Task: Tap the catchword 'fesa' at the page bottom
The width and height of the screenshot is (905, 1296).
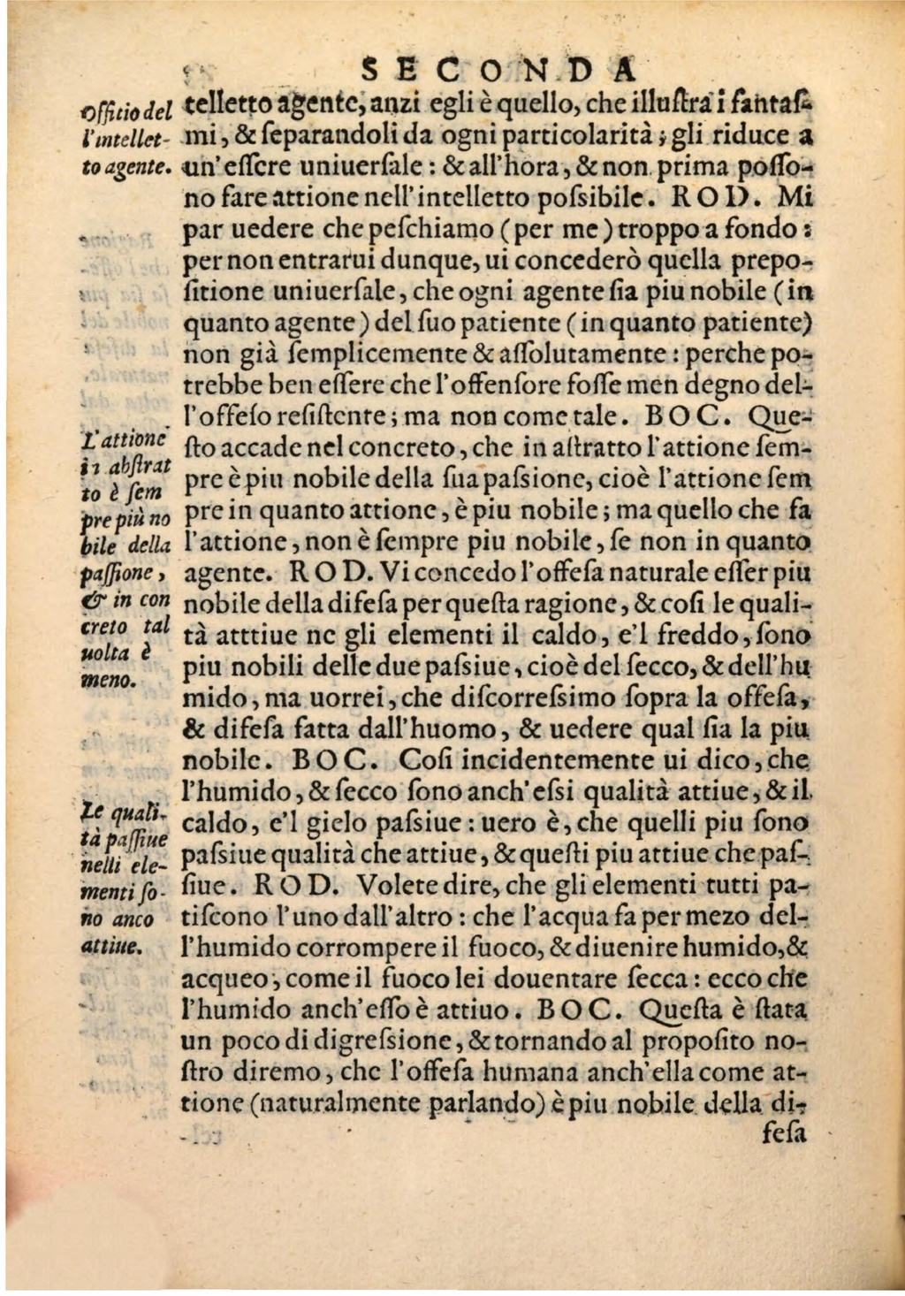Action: pyautogui.click(x=783, y=1132)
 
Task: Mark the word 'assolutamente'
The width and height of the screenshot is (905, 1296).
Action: pyautogui.click(x=578, y=354)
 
